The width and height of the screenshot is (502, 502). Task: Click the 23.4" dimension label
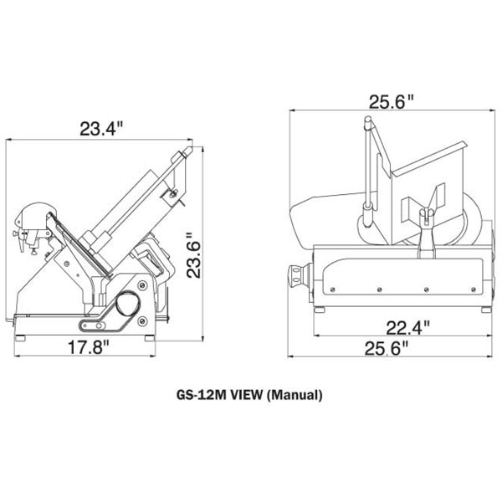tap(101, 129)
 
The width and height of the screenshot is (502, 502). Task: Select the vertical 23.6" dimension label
tap(194, 255)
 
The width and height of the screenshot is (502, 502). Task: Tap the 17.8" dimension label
tap(89, 347)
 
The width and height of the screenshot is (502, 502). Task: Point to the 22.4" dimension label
tap(407, 328)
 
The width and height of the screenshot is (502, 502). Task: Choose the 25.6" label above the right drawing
tap(392, 102)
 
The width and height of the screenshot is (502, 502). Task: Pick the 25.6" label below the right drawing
tap(387, 348)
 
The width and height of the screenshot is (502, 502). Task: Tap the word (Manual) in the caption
tap(295, 395)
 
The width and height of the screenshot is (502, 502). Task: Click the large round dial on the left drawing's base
tap(127, 303)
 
